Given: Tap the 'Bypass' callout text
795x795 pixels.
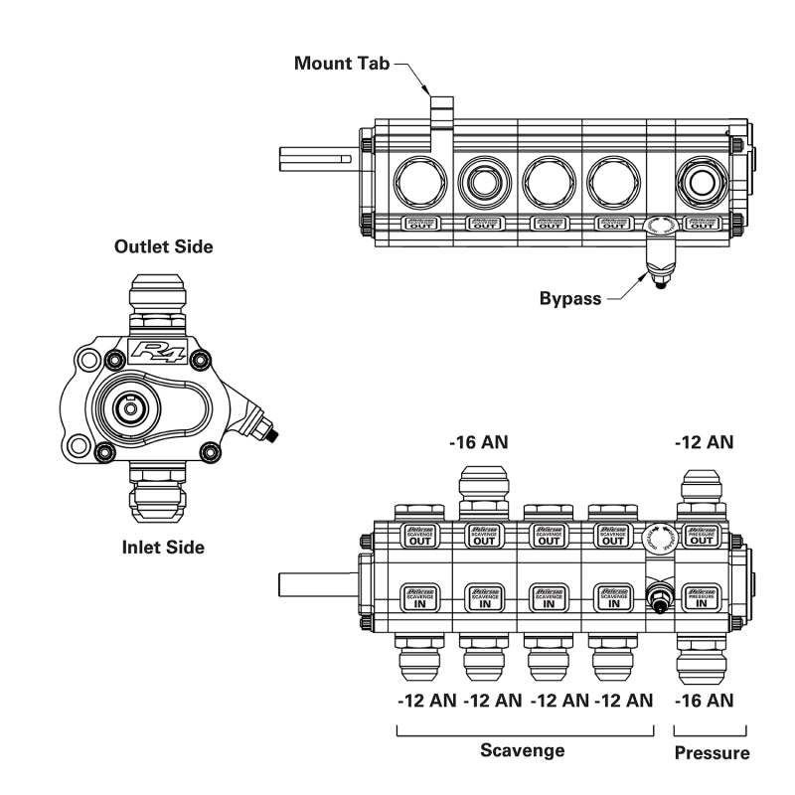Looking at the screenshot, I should click(x=569, y=298).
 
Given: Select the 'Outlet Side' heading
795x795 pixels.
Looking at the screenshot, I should click(x=163, y=246).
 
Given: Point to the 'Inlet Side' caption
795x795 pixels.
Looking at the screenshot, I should click(x=163, y=547).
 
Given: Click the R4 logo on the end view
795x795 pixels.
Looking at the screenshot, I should click(x=159, y=351).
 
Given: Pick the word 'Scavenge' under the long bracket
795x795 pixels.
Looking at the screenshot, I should click(x=524, y=750).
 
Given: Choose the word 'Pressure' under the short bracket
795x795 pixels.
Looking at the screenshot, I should click(x=712, y=752).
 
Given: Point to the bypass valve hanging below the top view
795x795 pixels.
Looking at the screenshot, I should click(x=658, y=260).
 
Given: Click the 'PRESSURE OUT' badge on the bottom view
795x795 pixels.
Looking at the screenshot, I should click(x=702, y=536).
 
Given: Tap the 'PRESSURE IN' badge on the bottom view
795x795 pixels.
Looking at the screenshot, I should click(x=702, y=597).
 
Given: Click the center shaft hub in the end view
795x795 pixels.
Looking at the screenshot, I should click(x=129, y=405).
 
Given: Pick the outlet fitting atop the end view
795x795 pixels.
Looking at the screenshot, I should click(x=158, y=303).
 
